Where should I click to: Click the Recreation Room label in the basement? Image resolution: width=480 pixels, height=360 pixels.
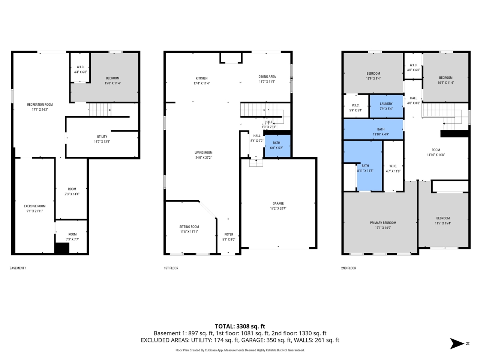click(40, 105)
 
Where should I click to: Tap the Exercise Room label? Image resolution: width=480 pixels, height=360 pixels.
click(34, 206)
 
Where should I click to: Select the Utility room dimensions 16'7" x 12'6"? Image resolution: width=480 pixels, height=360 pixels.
click(102, 142)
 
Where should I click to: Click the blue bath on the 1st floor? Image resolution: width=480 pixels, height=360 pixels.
click(277, 145)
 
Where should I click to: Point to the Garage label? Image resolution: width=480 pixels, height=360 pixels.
click(278, 204)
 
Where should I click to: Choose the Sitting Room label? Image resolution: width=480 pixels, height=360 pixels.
click(189, 227)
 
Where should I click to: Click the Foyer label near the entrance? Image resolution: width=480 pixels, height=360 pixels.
click(229, 234)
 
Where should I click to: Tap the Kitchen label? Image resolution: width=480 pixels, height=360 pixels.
click(201, 78)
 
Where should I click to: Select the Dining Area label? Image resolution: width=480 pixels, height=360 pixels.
click(267, 76)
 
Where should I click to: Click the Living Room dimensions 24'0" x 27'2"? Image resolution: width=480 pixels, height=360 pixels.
click(203, 157)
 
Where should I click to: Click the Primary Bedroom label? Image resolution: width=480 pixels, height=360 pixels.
click(383, 223)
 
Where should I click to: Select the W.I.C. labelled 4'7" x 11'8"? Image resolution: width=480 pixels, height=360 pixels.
click(393, 171)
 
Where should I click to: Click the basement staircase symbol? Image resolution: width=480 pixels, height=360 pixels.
click(100, 110)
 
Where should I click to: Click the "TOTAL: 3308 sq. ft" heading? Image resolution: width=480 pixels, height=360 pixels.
click(240, 326)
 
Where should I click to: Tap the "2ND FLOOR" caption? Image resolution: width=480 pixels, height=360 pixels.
click(349, 268)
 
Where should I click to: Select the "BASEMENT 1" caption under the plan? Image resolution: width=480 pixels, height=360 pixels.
click(18, 268)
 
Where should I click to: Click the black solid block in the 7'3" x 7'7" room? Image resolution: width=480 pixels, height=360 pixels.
click(62, 248)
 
